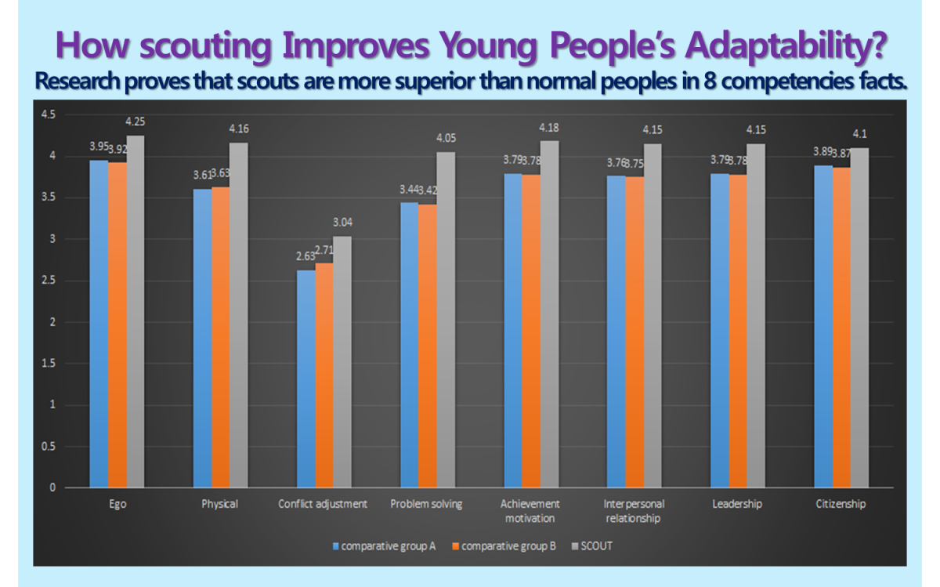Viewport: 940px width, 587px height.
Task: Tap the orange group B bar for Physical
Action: point(220,337)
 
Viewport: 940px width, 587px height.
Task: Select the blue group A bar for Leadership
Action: point(719,330)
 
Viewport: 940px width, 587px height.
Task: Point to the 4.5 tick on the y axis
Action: point(49,114)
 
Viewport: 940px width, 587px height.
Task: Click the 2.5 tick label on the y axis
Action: point(49,281)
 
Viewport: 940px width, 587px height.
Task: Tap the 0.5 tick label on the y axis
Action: point(49,447)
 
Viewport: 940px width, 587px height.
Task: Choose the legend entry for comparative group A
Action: point(384,546)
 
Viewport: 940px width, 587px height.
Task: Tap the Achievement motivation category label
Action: point(530,511)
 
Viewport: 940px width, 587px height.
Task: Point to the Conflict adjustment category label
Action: point(323,504)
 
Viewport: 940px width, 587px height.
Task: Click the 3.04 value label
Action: point(343,222)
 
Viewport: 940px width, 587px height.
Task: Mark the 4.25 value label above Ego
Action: point(136,121)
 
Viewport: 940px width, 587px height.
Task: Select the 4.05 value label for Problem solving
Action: point(446,138)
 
